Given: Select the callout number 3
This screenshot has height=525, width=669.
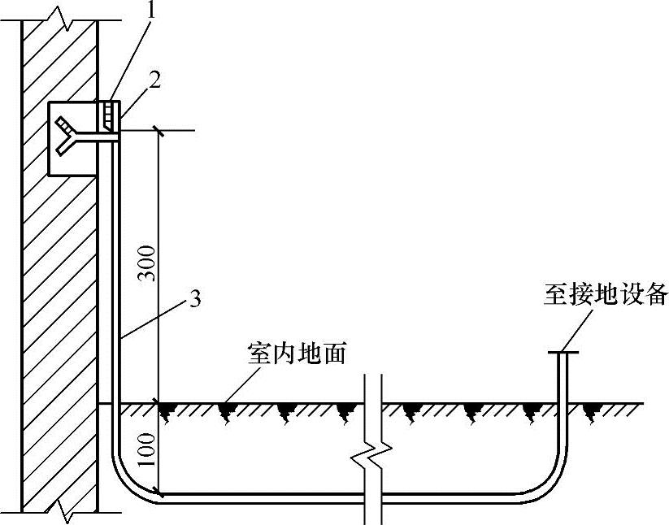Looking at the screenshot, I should (x=193, y=299).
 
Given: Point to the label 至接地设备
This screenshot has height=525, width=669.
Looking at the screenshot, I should (x=606, y=293).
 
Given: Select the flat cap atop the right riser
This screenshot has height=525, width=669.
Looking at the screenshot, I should (x=563, y=352).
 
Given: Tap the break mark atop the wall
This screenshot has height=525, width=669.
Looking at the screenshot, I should (x=62, y=13).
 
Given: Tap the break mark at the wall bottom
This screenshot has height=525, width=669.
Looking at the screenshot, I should (x=62, y=511).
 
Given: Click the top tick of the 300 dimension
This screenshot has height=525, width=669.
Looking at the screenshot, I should (x=159, y=129).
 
